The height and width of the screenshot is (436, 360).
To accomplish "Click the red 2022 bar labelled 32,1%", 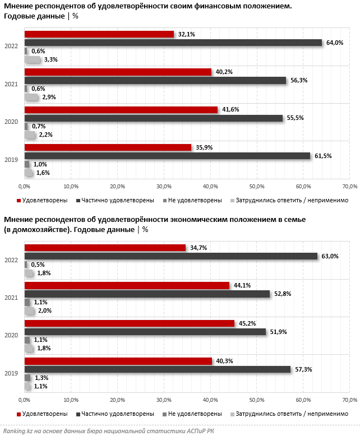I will coord(99,34).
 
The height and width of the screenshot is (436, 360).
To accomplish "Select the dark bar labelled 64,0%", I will coord(173,43).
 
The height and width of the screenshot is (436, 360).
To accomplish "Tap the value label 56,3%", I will coord(298,80).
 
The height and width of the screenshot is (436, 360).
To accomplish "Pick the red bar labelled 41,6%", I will coord(121,110).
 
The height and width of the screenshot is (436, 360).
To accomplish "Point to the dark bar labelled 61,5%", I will coord(167,156).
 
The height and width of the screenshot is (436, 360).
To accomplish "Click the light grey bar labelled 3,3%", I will coord(33,59).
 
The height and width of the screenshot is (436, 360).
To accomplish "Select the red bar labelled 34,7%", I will coord(105,248).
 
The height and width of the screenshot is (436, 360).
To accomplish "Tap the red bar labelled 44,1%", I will coord(127,285).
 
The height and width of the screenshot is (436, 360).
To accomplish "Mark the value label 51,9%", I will coord(278,332).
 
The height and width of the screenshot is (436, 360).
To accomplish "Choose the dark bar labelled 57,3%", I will coord(158,369).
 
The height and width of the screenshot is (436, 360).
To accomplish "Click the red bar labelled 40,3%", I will coord(118,361).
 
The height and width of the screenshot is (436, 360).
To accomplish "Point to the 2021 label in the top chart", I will coord(11,85).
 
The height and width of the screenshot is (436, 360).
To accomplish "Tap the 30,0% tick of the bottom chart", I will coord(164,400).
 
